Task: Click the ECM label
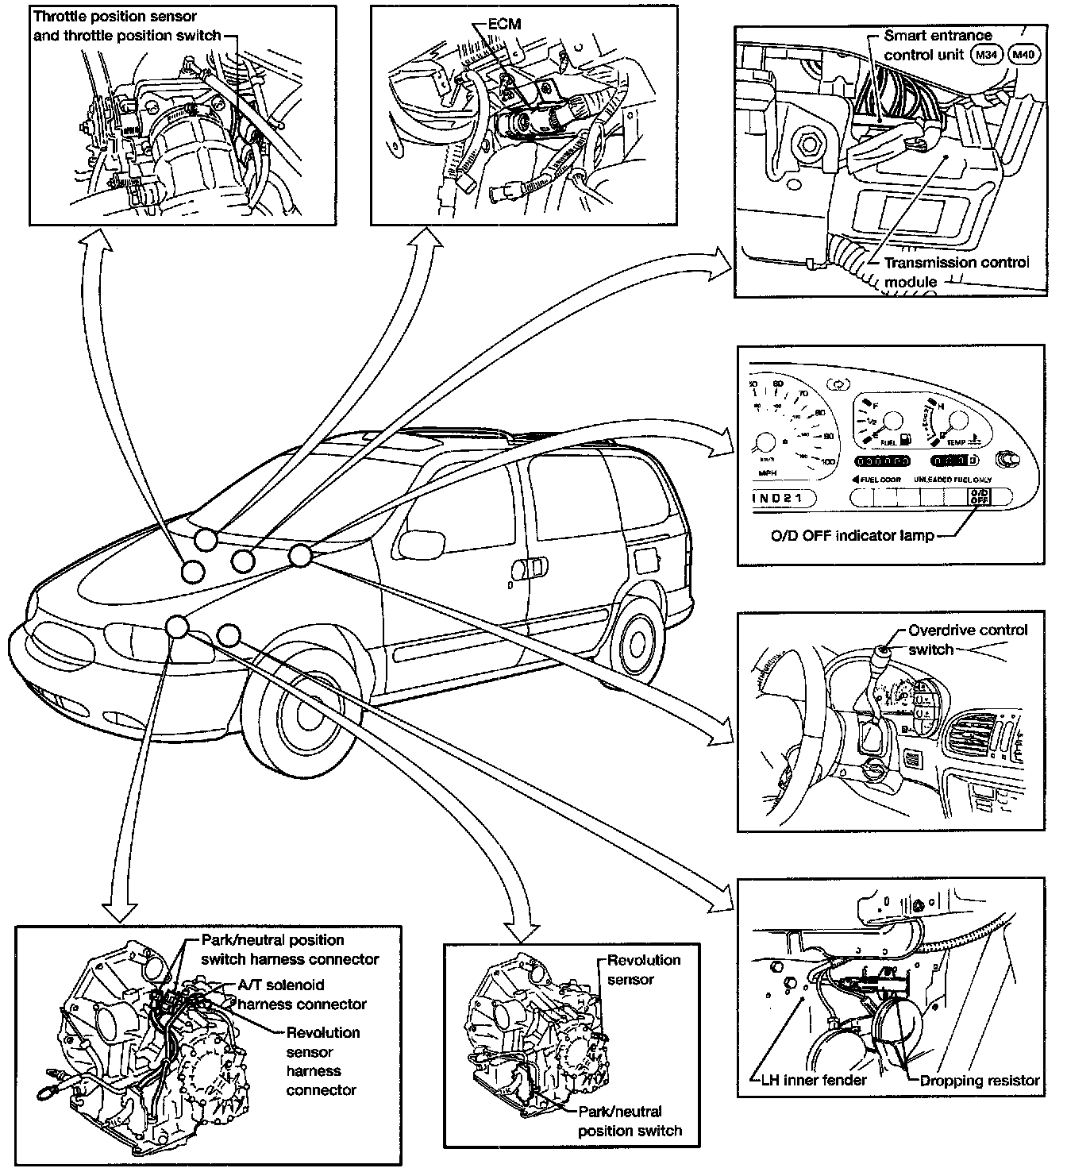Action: coord(504,24)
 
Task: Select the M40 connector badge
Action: coord(1023,55)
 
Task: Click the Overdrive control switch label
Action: coord(967,639)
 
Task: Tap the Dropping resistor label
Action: coord(979,1080)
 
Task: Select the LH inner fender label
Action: coord(808,1080)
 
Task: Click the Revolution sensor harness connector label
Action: coord(322,1061)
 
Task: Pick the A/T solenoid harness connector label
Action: coord(302,994)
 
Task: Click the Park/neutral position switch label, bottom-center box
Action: coord(630,1120)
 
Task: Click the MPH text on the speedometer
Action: coord(767,472)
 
